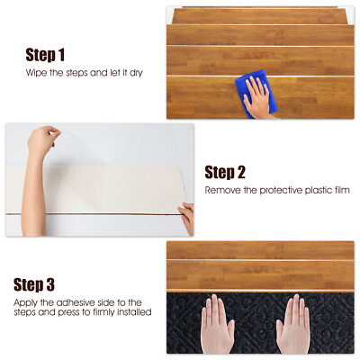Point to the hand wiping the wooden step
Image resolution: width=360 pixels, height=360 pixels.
[x=259, y=96]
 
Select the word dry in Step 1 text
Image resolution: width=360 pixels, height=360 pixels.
[x=133, y=71]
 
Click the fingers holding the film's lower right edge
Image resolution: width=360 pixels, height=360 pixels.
[x=186, y=214]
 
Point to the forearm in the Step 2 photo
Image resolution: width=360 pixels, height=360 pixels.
[x=35, y=193]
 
